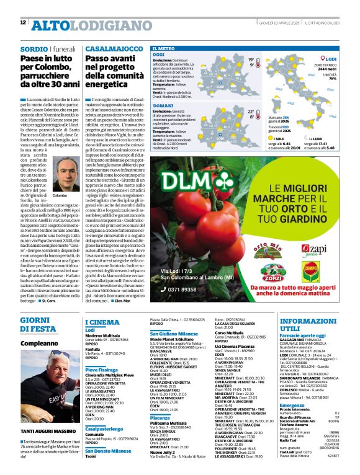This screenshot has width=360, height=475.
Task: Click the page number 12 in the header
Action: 23,22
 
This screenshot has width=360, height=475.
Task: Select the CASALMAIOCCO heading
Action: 110,48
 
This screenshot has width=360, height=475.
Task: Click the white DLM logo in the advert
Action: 184,180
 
